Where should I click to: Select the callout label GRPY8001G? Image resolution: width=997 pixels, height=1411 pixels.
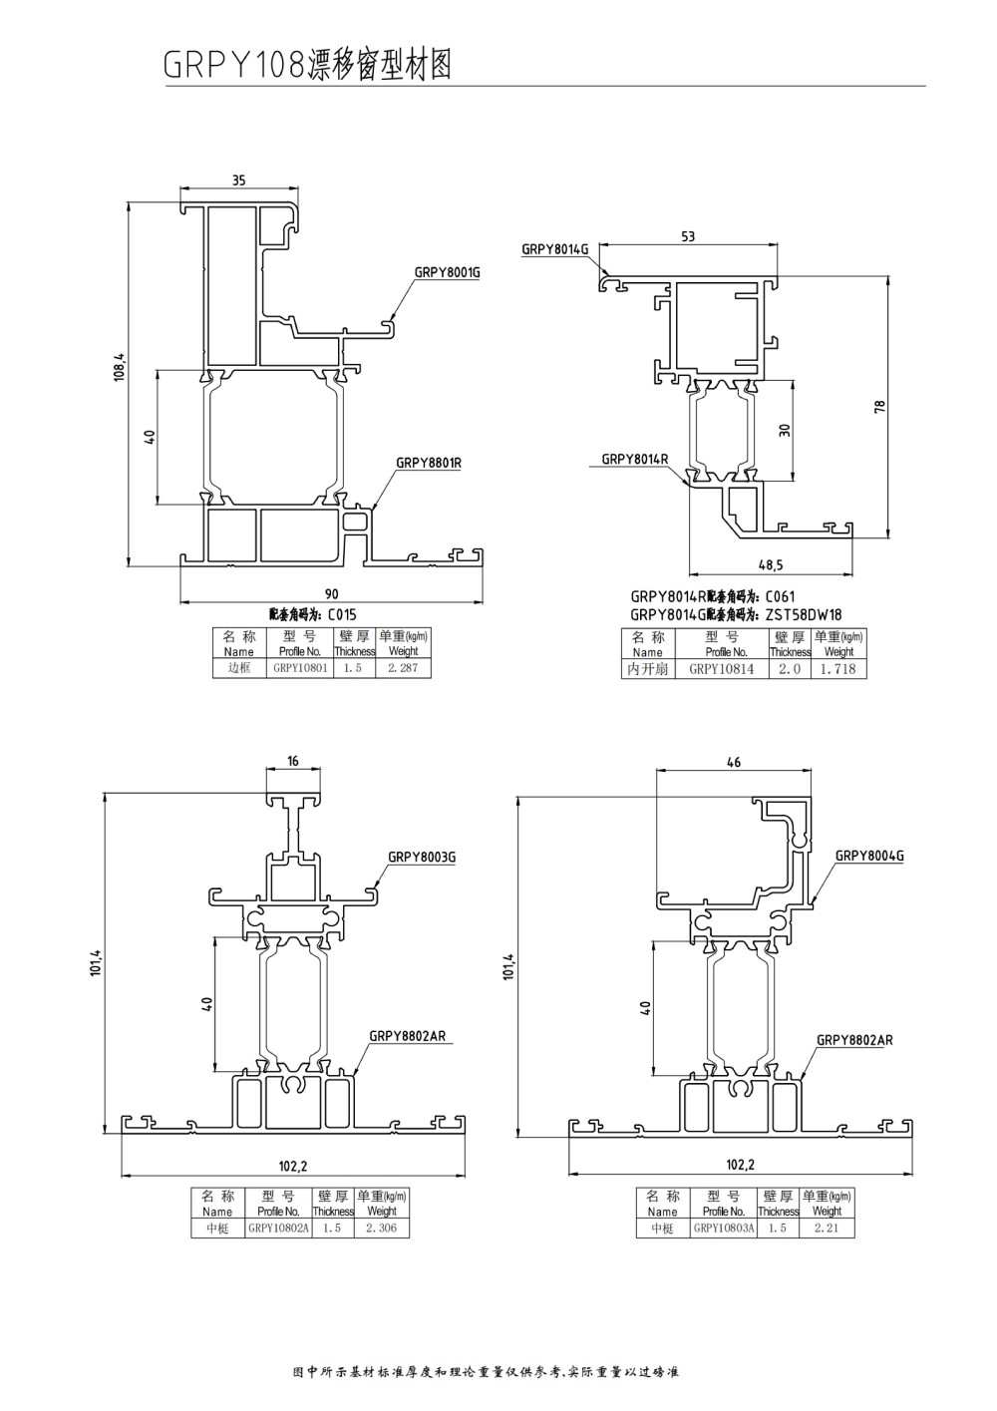[447, 272]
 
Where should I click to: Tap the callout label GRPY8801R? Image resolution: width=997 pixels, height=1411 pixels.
[428, 463]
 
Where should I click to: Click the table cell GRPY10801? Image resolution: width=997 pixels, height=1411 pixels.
[300, 668]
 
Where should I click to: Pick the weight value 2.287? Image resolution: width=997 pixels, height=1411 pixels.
[403, 668]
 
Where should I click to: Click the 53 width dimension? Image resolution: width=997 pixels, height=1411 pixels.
[688, 236]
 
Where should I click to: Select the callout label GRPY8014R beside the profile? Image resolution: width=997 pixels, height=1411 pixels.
[634, 459]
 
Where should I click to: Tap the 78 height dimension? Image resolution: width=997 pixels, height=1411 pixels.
[879, 407]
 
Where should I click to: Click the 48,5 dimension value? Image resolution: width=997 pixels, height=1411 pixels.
[771, 565]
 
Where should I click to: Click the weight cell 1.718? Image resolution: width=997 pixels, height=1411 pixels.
[837, 669]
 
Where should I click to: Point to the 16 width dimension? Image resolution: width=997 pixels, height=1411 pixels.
[293, 761]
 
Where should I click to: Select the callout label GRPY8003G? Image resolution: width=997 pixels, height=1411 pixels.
[421, 856]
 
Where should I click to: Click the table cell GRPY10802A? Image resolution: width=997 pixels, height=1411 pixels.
[278, 1229]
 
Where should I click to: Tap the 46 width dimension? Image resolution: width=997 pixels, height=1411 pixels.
[734, 763]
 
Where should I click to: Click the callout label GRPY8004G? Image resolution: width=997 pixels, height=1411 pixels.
[868, 856]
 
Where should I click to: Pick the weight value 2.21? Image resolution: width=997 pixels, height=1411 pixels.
[827, 1229]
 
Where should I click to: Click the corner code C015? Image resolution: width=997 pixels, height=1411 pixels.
[341, 614]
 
